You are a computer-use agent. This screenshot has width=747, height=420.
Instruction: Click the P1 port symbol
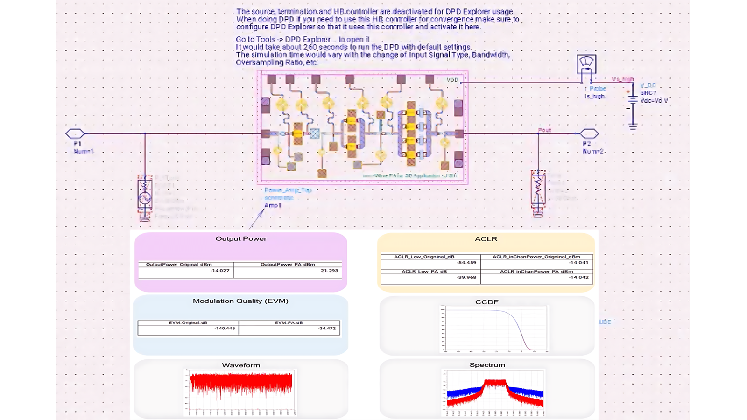point(75,134)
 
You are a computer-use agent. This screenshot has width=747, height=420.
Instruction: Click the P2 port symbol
point(589,134)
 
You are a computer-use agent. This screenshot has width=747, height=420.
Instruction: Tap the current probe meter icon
point(586,63)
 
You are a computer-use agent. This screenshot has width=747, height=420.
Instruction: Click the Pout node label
point(544,130)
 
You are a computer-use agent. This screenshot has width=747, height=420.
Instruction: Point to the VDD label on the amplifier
point(452,80)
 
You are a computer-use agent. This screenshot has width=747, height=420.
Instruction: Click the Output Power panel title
point(241,238)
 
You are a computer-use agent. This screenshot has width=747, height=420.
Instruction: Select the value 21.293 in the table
point(329,271)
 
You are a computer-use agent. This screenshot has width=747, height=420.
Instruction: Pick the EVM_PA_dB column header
point(289,322)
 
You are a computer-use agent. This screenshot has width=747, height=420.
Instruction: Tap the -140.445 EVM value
point(225,329)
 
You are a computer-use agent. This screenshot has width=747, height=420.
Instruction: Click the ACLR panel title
point(486,239)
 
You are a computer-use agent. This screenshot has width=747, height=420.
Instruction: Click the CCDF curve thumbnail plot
point(494,328)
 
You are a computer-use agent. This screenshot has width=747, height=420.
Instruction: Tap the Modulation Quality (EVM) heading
point(240,301)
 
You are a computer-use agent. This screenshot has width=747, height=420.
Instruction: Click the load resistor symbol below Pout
point(538,189)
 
